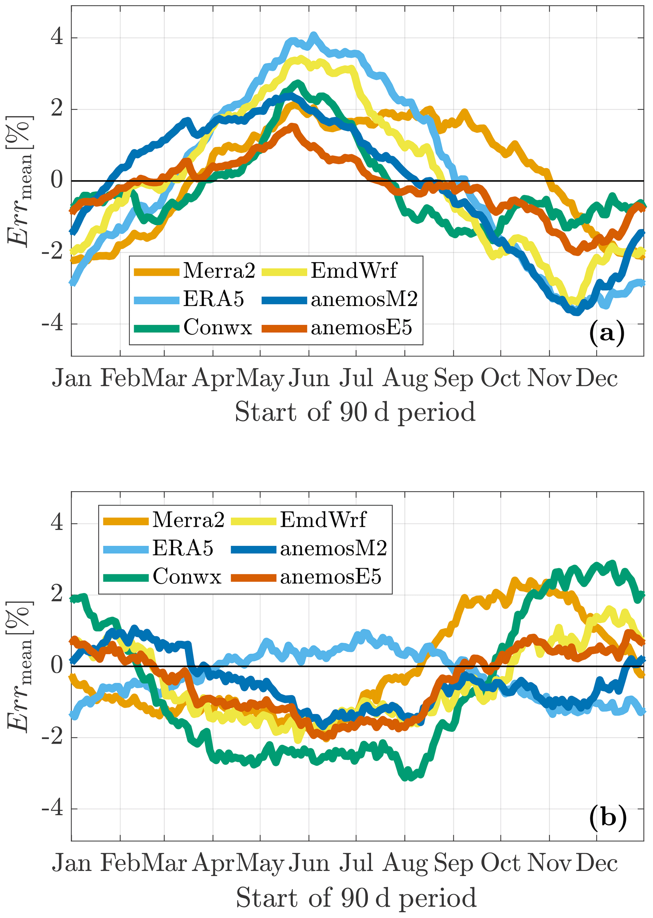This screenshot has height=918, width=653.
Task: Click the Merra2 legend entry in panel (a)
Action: click(x=219, y=271)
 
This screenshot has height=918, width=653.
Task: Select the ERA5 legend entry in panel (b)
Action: click(x=183, y=548)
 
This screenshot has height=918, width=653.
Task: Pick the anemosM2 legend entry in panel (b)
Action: click(x=333, y=548)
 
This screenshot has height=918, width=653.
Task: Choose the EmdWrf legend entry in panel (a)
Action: click(x=354, y=271)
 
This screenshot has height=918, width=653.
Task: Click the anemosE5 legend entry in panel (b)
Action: click(x=330, y=577)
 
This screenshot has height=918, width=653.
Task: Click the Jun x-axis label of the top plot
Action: click(x=309, y=378)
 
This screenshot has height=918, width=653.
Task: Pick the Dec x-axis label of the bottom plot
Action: click(x=596, y=864)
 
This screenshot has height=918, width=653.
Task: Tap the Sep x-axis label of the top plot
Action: click(x=454, y=378)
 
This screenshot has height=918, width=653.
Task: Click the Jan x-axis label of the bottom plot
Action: click(x=72, y=864)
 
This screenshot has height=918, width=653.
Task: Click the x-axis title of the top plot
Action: click(x=355, y=412)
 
